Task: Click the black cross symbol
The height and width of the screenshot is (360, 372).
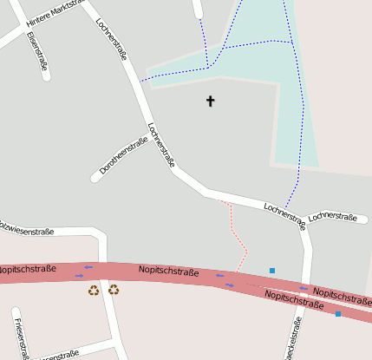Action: (210, 101)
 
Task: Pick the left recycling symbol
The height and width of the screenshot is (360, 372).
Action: (94, 290)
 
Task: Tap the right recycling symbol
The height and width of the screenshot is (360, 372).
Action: (114, 290)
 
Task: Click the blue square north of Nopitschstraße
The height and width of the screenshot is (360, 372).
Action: (271, 271)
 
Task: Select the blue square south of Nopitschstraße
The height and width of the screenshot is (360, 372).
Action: (338, 314)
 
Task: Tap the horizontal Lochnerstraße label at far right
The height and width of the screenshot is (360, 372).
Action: (334, 216)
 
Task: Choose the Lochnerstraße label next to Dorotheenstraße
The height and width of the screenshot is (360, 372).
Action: (162, 144)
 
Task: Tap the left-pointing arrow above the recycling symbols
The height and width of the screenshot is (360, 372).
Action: (88, 267)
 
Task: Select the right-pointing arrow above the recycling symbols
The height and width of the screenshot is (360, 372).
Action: (80, 276)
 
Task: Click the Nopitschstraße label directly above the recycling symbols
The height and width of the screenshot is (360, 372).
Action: (168, 272)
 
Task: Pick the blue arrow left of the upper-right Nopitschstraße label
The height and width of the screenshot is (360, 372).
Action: (303, 288)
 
